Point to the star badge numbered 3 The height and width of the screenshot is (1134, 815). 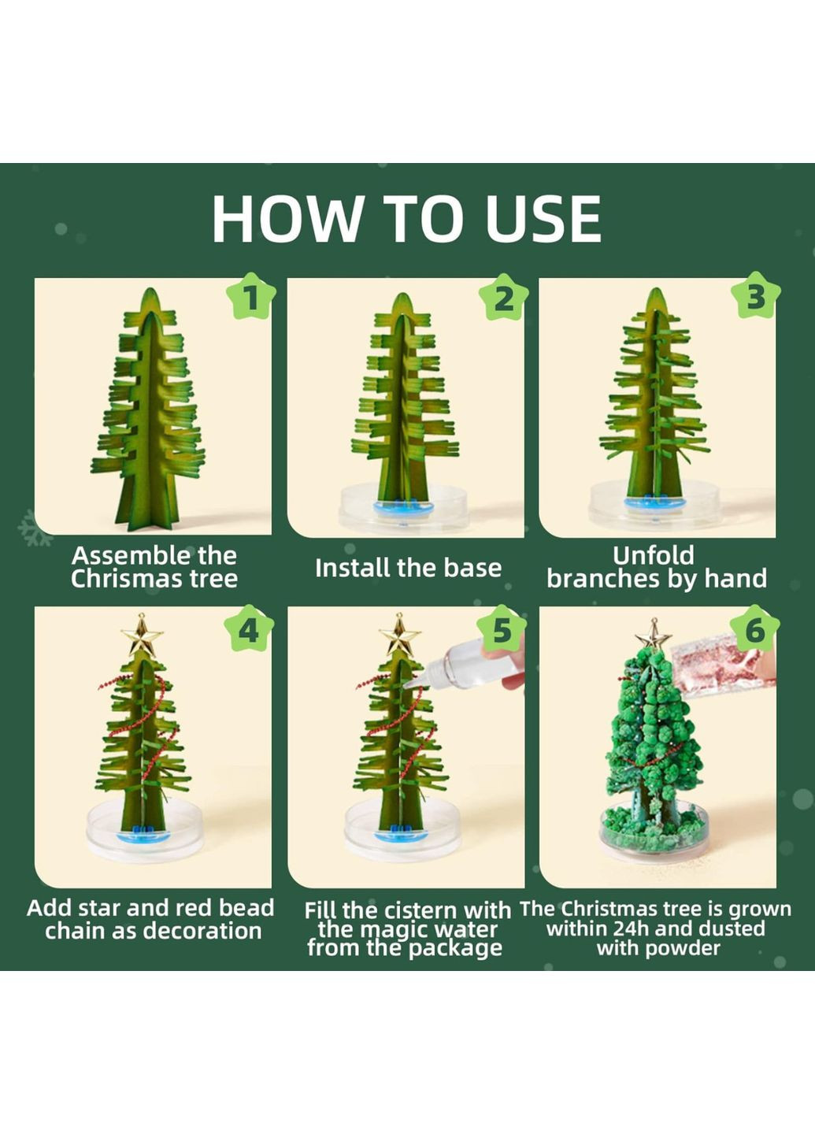pyautogui.click(x=755, y=297)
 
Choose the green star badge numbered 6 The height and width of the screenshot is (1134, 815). pyautogui.click(x=754, y=629)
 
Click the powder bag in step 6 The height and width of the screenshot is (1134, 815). pyautogui.click(x=719, y=664)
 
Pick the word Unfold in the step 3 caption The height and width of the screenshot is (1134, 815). pyautogui.click(x=653, y=555)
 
